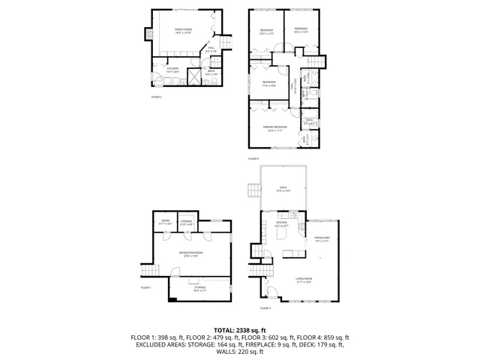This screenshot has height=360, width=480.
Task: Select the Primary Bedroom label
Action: (275, 128)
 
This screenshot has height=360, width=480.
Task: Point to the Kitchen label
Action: (282, 224)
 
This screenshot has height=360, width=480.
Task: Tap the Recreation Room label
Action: (190, 254)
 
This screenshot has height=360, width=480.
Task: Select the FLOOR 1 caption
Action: (145, 288)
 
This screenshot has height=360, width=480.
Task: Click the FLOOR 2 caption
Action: (156, 97)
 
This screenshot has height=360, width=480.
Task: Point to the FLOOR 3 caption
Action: (265, 308)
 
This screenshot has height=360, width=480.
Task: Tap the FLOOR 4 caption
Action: (253, 159)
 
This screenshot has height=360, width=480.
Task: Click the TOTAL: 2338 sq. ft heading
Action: (239, 330)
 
